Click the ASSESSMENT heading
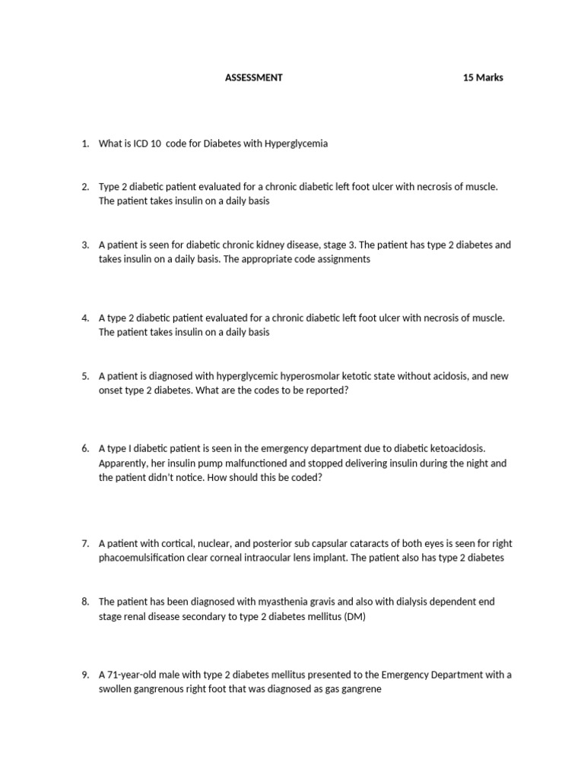pyautogui.click(x=254, y=77)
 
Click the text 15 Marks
pyautogui.click(x=483, y=77)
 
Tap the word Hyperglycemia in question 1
pyautogui.click(x=296, y=144)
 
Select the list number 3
pyautogui.click(x=85, y=245)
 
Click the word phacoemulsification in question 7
pyautogui.click(x=141, y=558)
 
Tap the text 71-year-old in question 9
pyautogui.click(x=132, y=675)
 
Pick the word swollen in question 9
pyautogui.click(x=116, y=689)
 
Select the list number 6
pyautogui.click(x=85, y=449)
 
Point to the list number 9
pyautogui.click(x=85, y=675)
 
